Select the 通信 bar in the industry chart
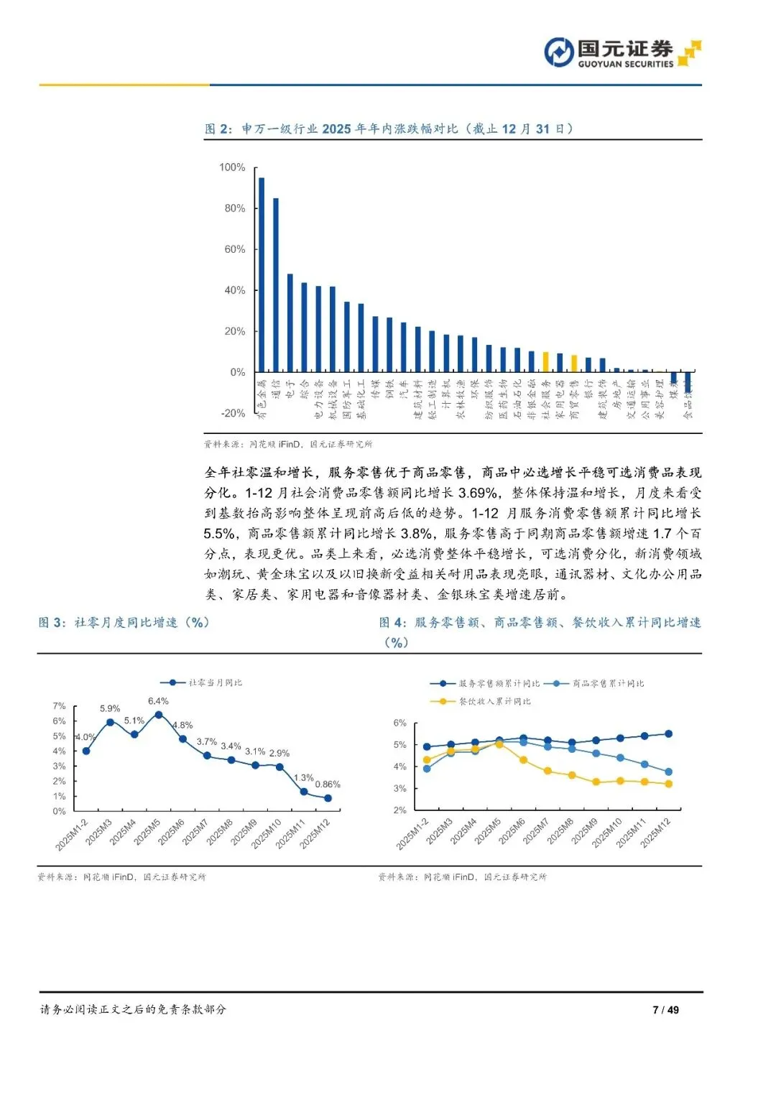[276, 284]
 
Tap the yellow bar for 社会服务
[546, 362]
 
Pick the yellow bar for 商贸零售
[574, 364]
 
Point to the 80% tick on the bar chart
[235, 208]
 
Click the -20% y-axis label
[234, 414]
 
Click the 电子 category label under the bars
[290, 389]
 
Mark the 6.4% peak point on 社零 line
[159, 715]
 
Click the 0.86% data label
[328, 784]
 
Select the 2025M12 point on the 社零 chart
[328, 798]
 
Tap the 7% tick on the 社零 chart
[59, 706]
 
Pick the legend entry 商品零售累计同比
[607, 683]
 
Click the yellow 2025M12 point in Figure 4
[669, 784]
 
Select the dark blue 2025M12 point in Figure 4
[669, 733]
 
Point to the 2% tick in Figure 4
[399, 810]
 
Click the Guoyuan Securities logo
[622, 52]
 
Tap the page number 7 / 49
[665, 1009]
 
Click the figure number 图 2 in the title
[218, 129]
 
